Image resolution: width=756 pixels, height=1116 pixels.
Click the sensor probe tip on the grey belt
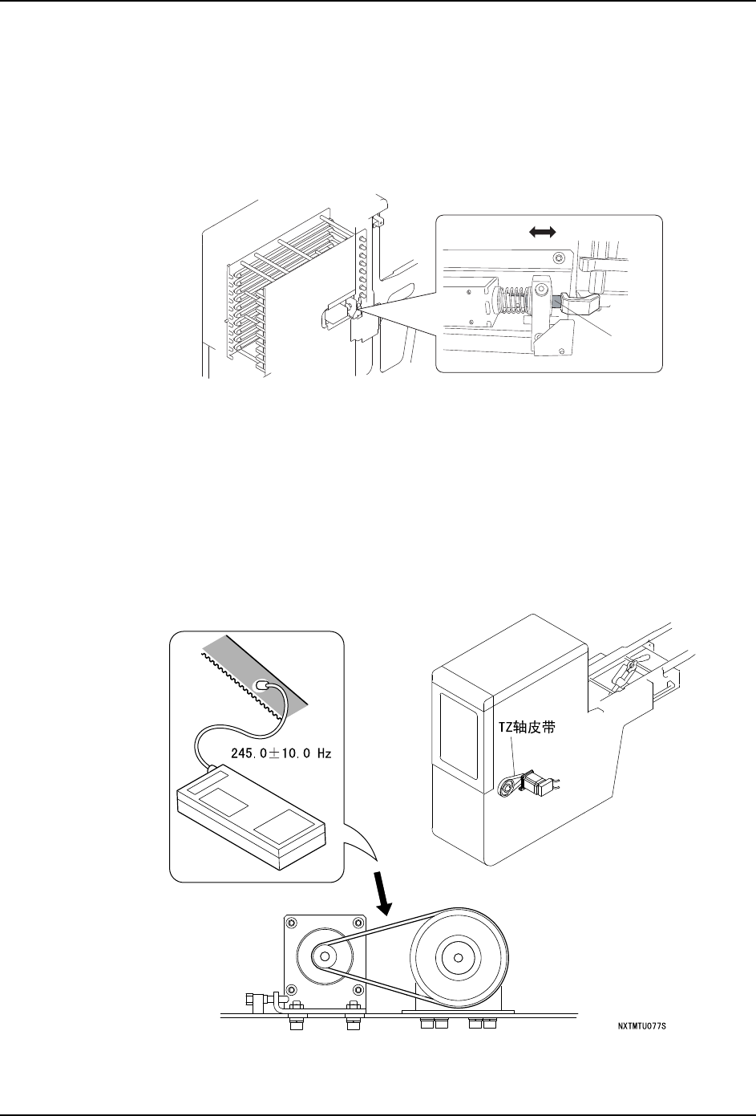click(262, 684)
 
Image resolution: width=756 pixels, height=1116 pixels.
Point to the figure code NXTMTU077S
click(642, 1026)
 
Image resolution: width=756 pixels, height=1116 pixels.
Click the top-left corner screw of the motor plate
click(292, 923)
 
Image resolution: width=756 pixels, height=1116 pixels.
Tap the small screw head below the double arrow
click(560, 257)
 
